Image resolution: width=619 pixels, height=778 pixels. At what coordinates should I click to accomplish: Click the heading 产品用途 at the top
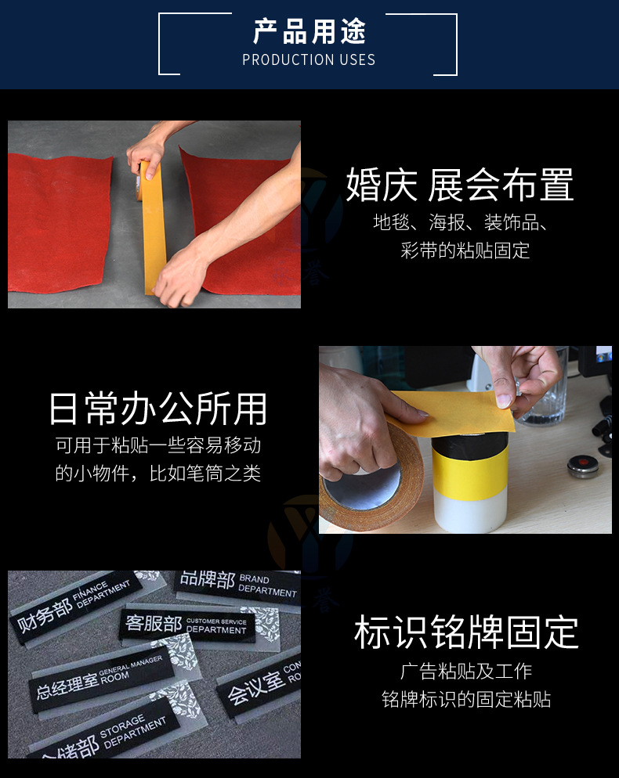tap(309, 31)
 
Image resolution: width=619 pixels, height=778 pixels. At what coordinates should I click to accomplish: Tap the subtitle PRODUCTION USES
tap(309, 59)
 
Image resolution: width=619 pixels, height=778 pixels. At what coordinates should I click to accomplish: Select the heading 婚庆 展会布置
tap(460, 185)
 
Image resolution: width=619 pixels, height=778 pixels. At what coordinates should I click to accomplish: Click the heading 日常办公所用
tap(157, 409)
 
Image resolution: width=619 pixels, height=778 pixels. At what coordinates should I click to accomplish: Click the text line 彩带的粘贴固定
tap(465, 250)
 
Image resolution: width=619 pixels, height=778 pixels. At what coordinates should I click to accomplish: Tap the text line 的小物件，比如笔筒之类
tap(157, 473)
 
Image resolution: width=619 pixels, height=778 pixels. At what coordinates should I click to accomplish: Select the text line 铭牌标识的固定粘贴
tap(466, 699)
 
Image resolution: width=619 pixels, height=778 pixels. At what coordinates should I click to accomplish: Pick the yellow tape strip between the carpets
tap(151, 227)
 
